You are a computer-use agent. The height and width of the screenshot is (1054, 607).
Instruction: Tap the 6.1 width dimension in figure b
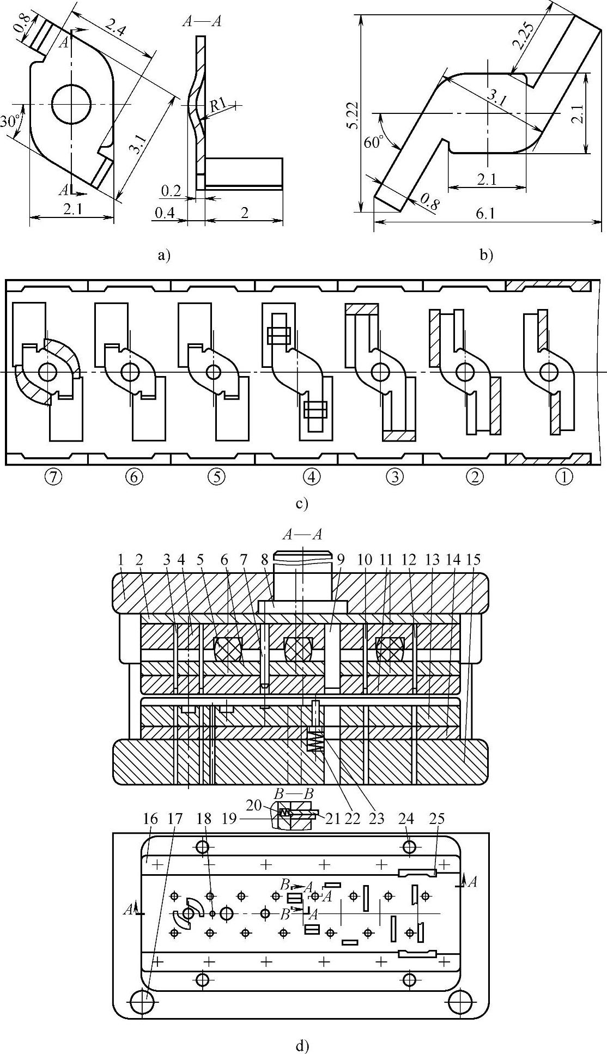pos(485,214)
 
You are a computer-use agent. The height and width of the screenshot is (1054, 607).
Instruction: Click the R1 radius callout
pos(218,106)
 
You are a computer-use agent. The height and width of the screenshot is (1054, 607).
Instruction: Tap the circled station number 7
pos(52,477)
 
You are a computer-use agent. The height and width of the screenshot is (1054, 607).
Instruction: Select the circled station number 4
pos(312,477)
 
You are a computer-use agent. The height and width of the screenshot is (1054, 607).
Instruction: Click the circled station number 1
pos(564,477)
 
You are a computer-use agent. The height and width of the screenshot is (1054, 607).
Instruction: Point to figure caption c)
pos(302,504)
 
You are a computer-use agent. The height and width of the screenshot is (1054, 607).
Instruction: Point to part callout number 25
pos(437,818)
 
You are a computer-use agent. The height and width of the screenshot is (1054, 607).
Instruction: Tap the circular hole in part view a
pos(71,104)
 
